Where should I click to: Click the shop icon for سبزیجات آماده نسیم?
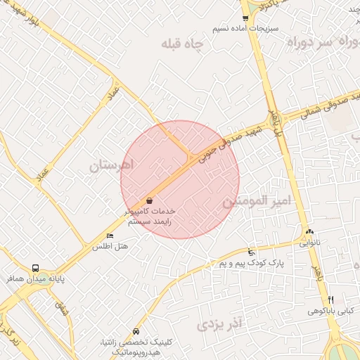point(245,18)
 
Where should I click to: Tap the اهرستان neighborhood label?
point(112,167)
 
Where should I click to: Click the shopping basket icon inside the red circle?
point(149,201)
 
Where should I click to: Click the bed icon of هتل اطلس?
point(110,236)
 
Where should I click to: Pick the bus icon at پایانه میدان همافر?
point(35,268)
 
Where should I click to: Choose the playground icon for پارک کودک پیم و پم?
point(251,252)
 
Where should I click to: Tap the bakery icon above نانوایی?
point(310,232)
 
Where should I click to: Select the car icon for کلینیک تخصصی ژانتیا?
point(136,331)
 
